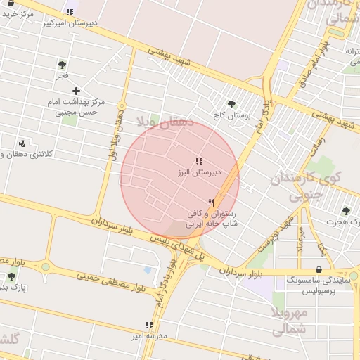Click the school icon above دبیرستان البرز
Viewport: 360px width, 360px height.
point(199,161)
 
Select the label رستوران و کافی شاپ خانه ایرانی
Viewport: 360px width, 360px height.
point(212,219)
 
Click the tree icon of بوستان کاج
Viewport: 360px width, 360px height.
point(232,104)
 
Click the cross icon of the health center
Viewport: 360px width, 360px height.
point(77,91)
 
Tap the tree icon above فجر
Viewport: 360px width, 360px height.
point(62,65)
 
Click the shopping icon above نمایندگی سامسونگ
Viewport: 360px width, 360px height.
point(319,269)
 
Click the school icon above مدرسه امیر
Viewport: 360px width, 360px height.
point(148,325)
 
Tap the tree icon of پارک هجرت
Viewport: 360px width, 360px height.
point(345,211)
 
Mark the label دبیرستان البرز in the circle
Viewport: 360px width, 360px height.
point(199,172)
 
